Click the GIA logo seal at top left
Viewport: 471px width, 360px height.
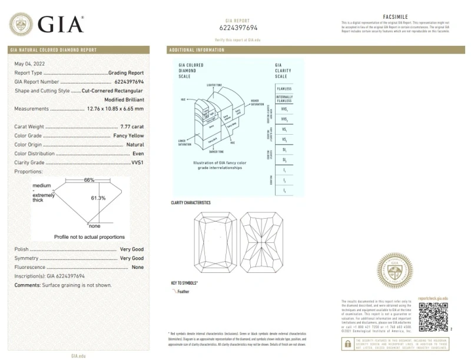coord(21,24)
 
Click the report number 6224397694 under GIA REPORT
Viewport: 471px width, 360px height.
coord(238,28)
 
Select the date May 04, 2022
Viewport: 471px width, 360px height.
coord(29,63)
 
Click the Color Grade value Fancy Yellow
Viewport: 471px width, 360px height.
coord(128,135)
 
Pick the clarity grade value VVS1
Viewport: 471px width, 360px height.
coord(137,162)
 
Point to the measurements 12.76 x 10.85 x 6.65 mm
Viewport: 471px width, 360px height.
coord(115,109)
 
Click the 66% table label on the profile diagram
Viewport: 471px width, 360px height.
coord(89,179)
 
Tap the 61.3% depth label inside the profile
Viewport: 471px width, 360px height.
coord(98,198)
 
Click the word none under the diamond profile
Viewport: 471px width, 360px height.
coord(94,226)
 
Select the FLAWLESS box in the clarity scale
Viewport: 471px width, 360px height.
coord(284,88)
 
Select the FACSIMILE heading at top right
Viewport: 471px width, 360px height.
coord(395,18)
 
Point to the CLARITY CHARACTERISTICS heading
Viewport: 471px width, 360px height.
coord(190,203)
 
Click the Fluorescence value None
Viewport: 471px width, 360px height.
coord(138,267)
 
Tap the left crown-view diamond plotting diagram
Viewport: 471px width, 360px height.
coord(215,241)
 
